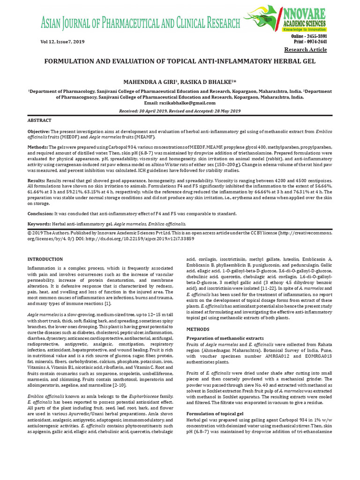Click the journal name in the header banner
(x=134, y=22)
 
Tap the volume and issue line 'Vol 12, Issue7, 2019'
(x=56, y=42)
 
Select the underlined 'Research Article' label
(x=306, y=50)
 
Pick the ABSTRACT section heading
(x=39, y=120)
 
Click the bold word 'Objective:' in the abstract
(x=38, y=131)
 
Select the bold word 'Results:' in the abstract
(x=37, y=180)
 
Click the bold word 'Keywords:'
(x=39, y=224)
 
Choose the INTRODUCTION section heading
(x=45, y=259)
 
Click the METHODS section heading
(x=198, y=330)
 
